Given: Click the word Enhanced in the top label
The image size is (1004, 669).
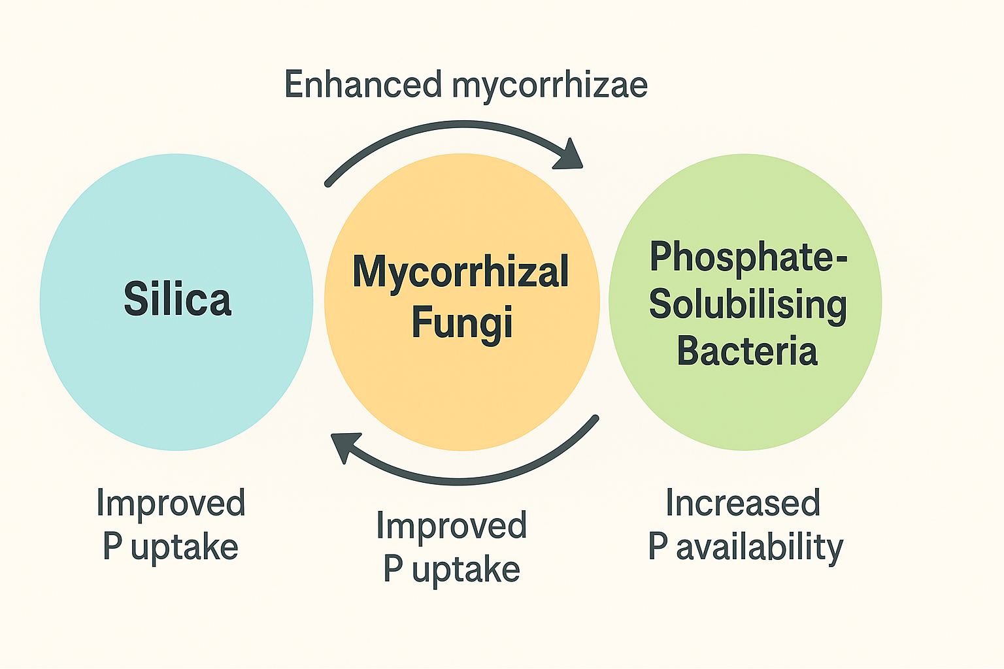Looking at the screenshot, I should (363, 85).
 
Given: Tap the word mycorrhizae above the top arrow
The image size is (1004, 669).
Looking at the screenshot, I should (550, 87).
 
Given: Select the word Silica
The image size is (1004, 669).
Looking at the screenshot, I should (177, 299).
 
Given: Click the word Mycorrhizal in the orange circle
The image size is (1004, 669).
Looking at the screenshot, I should (461, 272).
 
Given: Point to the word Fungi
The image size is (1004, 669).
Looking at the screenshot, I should (461, 323).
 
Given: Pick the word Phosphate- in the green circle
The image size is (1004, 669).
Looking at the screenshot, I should (748, 257).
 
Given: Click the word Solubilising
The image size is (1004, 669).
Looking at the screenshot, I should (748, 305).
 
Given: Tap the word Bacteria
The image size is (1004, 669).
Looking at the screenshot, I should (747, 351).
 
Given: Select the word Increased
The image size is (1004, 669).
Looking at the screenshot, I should (743, 503).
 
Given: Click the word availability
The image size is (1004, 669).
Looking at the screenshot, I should (760, 547).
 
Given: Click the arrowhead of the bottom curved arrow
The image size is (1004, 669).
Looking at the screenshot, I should (344, 446).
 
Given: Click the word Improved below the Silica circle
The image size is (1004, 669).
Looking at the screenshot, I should (171, 504).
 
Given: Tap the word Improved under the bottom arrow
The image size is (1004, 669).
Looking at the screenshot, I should (451, 526).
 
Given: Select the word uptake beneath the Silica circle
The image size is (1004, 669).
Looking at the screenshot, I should (184, 547).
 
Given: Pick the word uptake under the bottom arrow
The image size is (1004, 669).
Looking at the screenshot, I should (465, 570).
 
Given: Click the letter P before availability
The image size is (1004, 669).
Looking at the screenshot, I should (658, 546).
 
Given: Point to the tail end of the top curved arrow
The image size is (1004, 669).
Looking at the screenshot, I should (329, 182).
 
